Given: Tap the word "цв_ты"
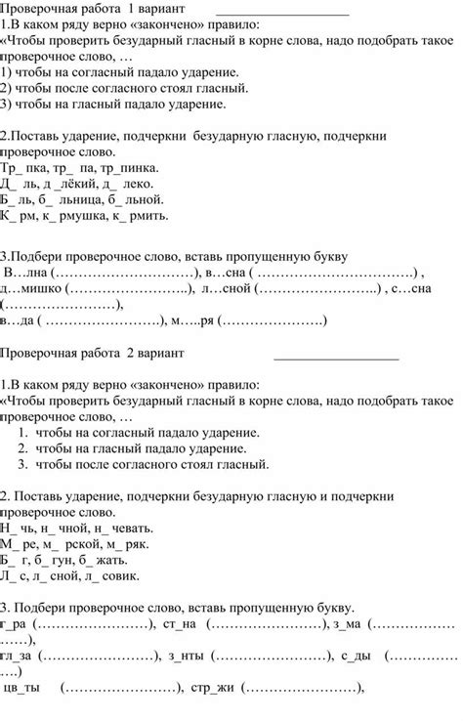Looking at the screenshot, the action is click(23, 687).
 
